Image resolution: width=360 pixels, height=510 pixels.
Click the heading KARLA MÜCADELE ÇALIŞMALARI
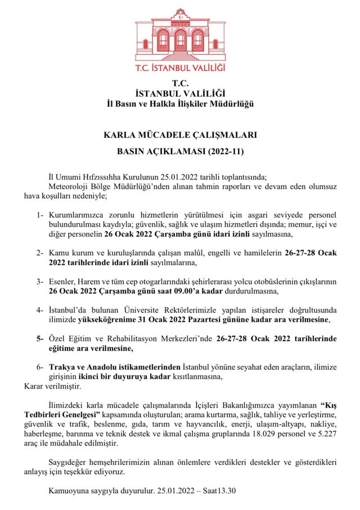coord(180,136)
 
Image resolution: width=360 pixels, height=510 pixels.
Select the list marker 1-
coord(40,215)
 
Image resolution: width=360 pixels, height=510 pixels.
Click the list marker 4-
coord(40,310)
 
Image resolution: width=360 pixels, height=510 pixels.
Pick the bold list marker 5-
coord(40,339)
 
